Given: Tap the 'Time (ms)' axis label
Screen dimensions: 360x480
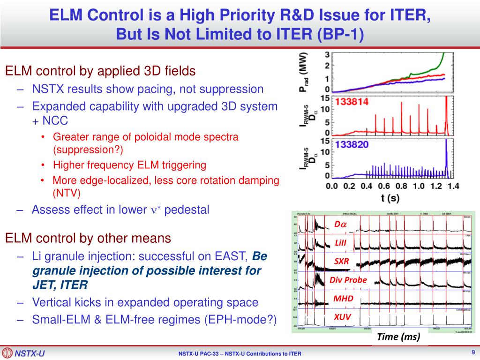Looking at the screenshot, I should (x=400, y=337).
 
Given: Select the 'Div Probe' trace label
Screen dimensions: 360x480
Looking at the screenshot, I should (x=348, y=280).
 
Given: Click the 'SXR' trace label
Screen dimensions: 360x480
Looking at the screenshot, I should (x=341, y=262).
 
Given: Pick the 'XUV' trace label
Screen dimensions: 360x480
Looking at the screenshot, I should (x=342, y=317).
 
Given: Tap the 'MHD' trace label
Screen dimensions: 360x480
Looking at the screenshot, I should (x=343, y=299).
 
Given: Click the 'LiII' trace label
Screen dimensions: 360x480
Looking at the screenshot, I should (x=341, y=243).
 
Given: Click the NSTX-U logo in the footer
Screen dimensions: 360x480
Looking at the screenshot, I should (x=23, y=353).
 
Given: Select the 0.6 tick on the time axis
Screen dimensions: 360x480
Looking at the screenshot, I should (x=384, y=186).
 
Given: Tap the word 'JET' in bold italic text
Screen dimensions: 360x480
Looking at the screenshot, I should (x=44, y=285).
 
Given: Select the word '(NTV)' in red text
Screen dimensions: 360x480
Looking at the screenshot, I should (x=67, y=193).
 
